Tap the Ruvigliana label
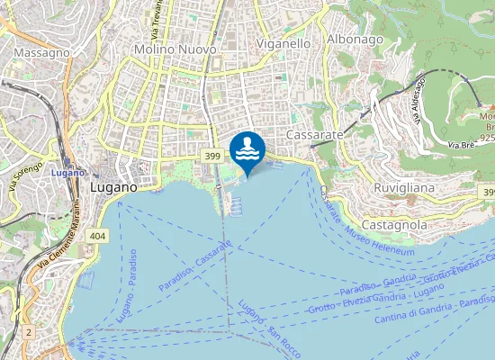404,188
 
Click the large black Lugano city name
113,188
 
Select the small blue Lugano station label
67,172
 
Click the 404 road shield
97,234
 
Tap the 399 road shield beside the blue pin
211,157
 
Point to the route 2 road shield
29,332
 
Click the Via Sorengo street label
26,175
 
